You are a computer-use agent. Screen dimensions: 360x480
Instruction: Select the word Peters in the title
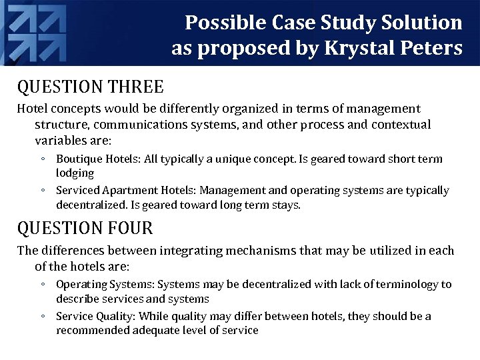coord(430,49)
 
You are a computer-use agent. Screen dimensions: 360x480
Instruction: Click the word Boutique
coord(79,159)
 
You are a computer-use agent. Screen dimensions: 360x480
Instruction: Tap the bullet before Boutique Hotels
coord(42,159)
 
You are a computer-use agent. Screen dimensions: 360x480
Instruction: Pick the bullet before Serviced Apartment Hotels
coord(42,191)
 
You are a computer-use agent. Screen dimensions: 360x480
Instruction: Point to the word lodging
coord(75,173)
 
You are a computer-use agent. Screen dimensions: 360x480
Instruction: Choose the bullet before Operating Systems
coord(42,285)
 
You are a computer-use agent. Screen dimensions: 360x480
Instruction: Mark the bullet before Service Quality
coord(42,316)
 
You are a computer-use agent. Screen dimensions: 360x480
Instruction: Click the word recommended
coord(93,330)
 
